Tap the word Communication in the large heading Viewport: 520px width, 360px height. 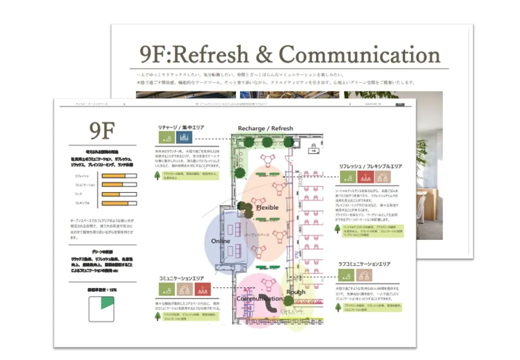(x=359, y=54)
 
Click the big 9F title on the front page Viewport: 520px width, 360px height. (x=102, y=131)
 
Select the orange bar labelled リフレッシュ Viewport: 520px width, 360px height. (x=113, y=176)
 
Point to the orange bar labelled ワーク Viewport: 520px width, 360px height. (x=111, y=194)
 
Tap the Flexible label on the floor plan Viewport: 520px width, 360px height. (x=267, y=207)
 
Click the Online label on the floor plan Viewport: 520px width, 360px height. (x=220, y=241)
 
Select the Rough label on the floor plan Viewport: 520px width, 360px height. (x=296, y=292)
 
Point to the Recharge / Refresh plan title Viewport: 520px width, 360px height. (x=265, y=128)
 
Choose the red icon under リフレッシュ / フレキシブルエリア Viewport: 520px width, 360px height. (x=366, y=176)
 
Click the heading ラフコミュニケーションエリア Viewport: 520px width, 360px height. (x=364, y=263)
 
